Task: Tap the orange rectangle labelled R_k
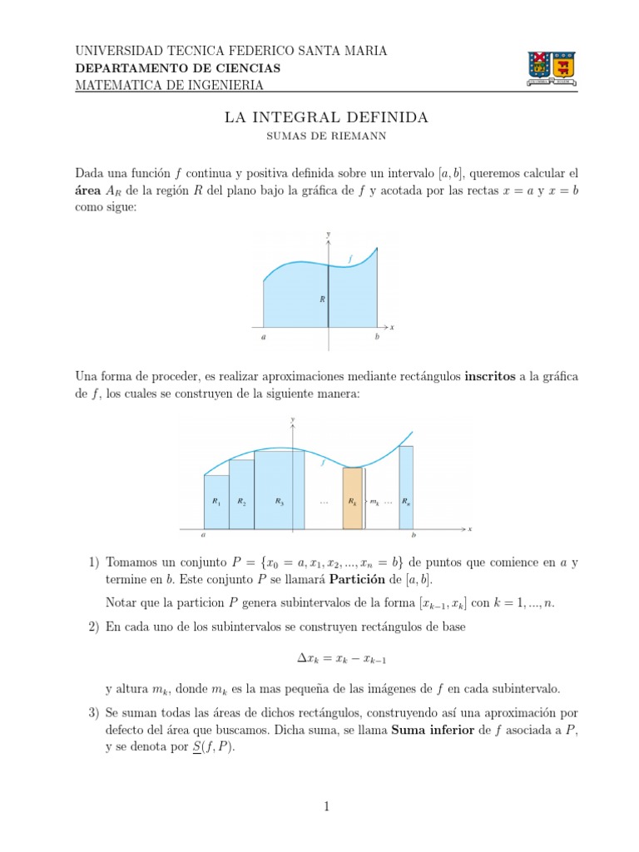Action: pos(353,498)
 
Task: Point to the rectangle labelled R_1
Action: pos(216,502)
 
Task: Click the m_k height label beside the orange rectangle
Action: pos(374,503)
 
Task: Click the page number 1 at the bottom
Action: pos(326,805)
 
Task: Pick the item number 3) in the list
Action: pos(93,712)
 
